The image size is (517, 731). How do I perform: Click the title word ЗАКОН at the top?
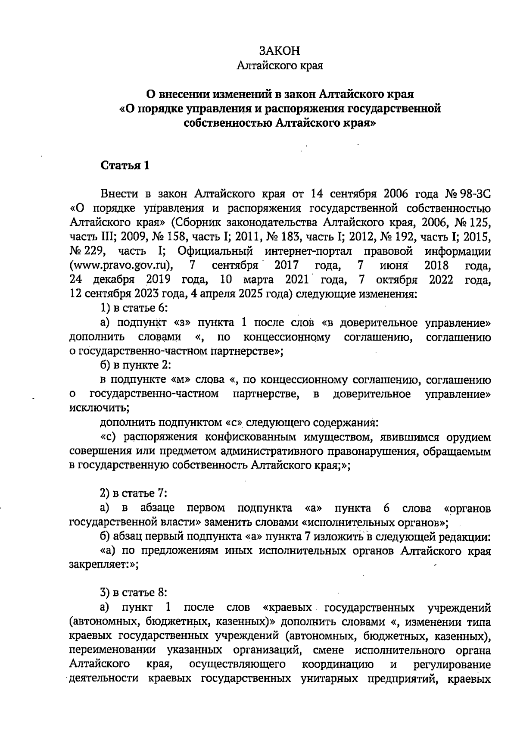pyautogui.click(x=280, y=51)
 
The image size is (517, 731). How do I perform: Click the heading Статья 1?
pyautogui.click(x=125, y=166)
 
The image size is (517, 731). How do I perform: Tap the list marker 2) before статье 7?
pyautogui.click(x=106, y=493)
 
